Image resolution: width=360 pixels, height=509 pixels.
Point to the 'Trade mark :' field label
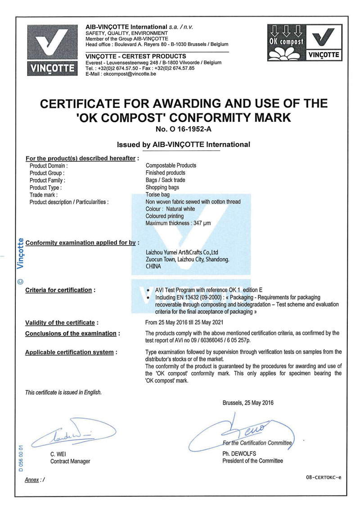coord(44,195)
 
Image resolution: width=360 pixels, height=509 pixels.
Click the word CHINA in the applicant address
coord(153,266)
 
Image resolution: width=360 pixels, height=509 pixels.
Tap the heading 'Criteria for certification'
coord(58,290)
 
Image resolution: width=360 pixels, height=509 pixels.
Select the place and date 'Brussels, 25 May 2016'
coord(248,403)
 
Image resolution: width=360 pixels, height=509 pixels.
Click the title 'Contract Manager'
coord(70,461)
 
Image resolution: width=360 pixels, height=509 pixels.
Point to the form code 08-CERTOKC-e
coord(323,477)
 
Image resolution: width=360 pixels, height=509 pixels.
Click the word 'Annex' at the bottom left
coord(31,480)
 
